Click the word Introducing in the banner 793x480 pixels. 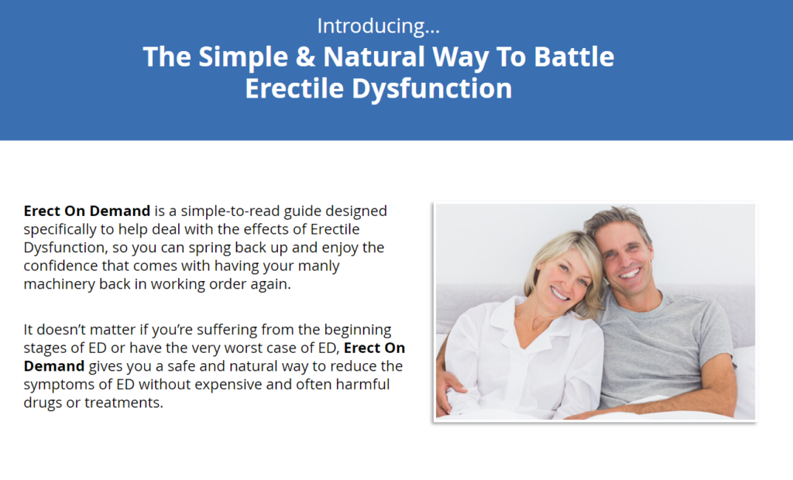click(372, 26)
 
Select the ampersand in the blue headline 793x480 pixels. click(300, 57)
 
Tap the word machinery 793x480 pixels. click(60, 284)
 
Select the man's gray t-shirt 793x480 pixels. click(666, 341)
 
